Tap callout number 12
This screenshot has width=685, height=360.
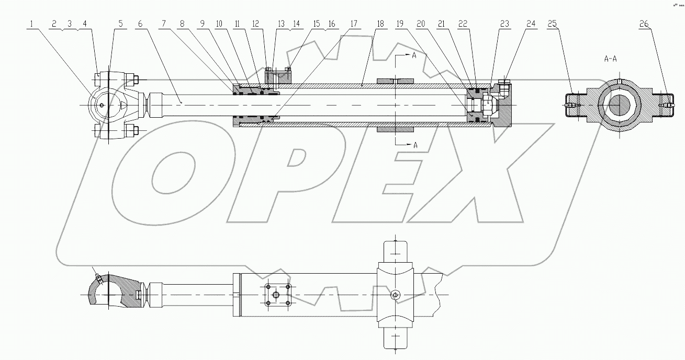tap(255, 24)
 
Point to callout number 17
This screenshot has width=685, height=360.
tap(354, 24)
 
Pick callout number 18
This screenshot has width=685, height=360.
tap(380, 24)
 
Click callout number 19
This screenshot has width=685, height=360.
tap(400, 24)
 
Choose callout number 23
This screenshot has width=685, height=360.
tap(504, 24)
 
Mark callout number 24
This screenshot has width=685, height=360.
tap(531, 24)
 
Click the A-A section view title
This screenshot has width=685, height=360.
tap(610, 59)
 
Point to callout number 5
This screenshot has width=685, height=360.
tap(121, 24)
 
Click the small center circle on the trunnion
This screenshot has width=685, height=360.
tap(396, 296)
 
